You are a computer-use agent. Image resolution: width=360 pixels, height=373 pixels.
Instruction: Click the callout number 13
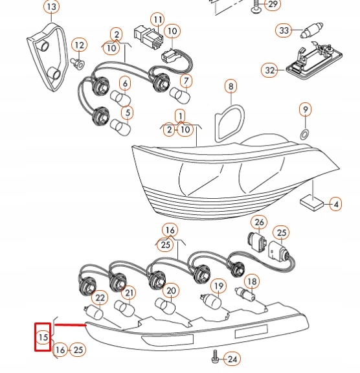51,7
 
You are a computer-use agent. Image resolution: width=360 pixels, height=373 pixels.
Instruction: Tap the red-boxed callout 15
43,337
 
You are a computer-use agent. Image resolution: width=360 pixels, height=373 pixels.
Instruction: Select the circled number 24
232,358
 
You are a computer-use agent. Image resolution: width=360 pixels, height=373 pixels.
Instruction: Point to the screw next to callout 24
214,356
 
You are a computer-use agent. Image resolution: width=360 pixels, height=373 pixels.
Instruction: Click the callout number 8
231,85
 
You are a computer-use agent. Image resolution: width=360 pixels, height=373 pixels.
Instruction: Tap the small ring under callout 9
304,134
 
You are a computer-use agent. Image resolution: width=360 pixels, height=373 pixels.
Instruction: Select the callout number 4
335,205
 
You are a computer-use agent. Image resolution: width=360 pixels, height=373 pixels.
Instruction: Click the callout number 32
270,69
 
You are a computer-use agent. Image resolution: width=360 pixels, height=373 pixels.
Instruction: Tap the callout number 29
272,5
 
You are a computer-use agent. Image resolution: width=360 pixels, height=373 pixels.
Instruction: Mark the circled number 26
259,223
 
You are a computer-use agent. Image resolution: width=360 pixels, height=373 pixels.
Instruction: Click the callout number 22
100,297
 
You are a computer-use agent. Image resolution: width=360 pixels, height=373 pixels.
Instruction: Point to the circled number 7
186,81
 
